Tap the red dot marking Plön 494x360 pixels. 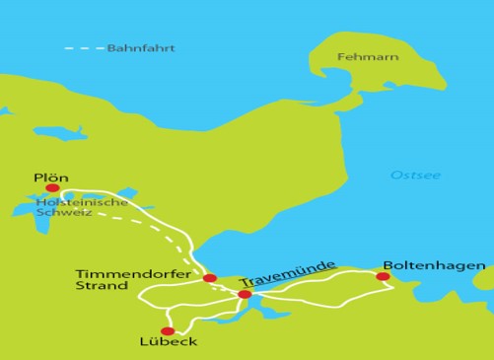[52, 187]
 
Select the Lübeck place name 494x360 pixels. [170, 342]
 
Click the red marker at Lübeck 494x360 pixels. [168, 331]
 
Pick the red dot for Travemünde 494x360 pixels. [245, 294]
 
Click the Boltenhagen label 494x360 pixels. [434, 265]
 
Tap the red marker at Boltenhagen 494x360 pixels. [383, 276]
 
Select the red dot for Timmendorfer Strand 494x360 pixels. [210, 278]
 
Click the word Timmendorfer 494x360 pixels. [121, 273]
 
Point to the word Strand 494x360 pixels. [102, 286]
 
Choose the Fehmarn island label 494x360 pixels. [368, 57]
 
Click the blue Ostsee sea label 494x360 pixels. [415, 176]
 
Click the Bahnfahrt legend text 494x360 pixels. [141, 48]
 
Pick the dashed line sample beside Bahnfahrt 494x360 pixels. [84, 48]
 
